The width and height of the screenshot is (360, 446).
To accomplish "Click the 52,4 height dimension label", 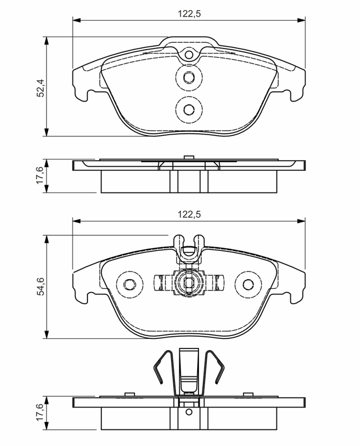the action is click(41, 88).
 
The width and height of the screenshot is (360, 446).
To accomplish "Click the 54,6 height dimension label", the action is click(41, 287).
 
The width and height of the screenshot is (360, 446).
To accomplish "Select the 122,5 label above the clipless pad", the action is click(189, 13).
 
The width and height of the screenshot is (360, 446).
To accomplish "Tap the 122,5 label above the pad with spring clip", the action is click(189, 214).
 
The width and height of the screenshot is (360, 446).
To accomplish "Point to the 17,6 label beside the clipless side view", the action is click(40, 176).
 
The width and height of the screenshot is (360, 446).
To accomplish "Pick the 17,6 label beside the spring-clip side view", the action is click(40, 412).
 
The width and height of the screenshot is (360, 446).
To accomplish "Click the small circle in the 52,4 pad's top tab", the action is click(189, 55).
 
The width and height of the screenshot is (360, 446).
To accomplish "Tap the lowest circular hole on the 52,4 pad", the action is click(189, 109).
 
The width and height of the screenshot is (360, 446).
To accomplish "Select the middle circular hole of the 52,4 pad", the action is click(189, 77).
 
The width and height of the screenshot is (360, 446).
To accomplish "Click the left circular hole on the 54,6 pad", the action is click(130, 284).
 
